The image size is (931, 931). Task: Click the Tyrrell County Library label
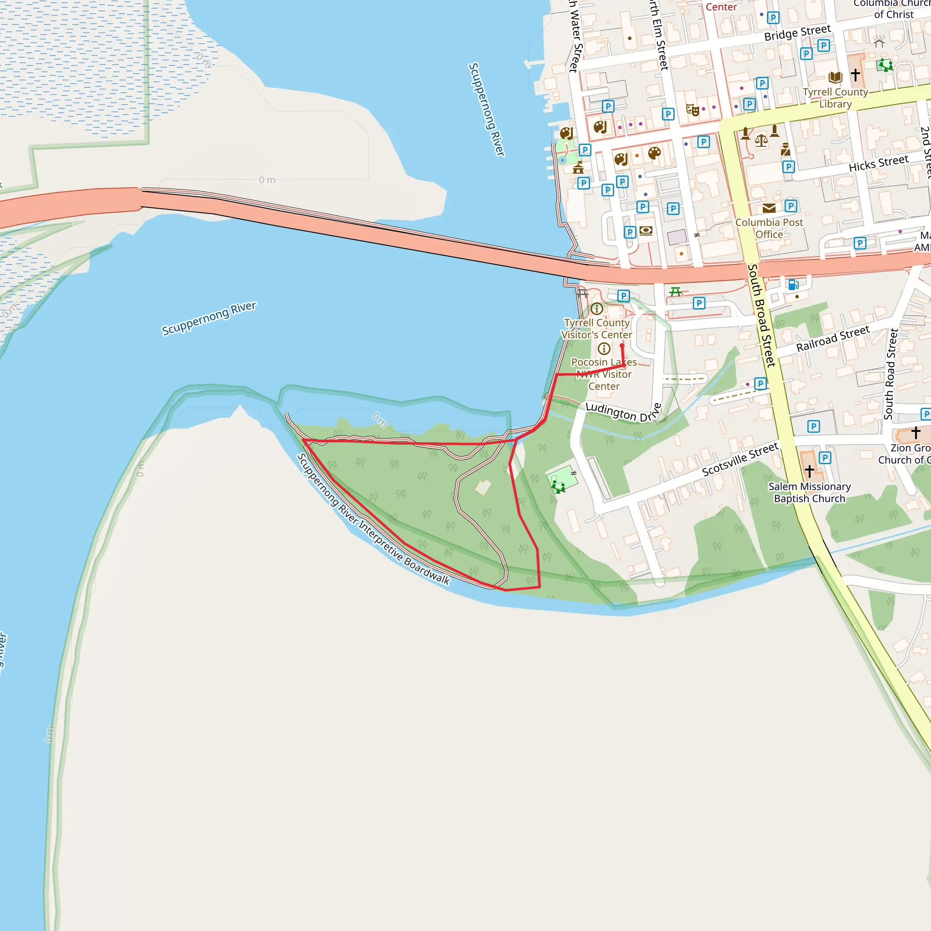835,98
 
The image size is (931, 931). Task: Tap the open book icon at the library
835,77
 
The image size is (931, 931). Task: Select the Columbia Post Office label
769,228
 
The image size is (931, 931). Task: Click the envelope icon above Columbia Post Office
769,208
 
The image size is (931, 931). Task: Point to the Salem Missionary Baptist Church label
810,492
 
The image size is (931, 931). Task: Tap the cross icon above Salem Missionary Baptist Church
810,471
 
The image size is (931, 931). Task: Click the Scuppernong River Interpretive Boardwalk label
374,520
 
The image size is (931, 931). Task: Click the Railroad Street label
833,338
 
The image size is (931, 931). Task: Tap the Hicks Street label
878,163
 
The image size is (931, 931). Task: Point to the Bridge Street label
797,32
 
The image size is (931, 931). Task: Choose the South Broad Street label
761,315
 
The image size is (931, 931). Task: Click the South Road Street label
891,374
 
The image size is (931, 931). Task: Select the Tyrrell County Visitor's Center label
596,329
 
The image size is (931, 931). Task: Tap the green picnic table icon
676,291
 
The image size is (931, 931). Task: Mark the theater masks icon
692,110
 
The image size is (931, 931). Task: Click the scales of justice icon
761,140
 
